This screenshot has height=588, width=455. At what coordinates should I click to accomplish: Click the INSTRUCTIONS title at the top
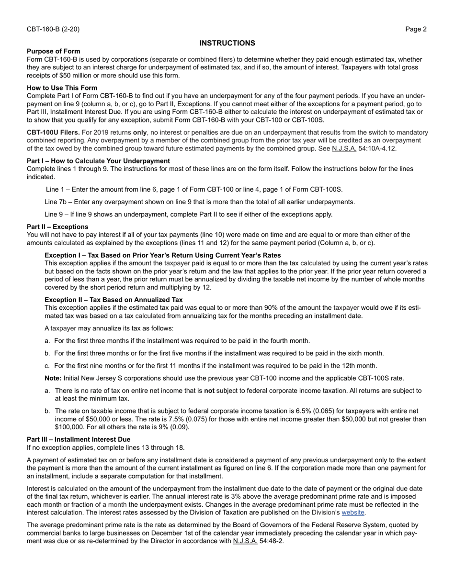coord(227,43)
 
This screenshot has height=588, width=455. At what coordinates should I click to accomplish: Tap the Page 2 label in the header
coord(416,29)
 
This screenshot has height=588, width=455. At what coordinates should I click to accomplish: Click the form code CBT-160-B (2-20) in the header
coord(53,29)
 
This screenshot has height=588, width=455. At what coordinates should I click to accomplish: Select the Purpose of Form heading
coord(54,51)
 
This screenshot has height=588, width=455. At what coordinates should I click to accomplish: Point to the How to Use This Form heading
coord(62,88)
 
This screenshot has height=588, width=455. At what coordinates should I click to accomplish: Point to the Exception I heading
coord(163,255)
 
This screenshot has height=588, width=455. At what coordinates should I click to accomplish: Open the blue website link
coord(353,512)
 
